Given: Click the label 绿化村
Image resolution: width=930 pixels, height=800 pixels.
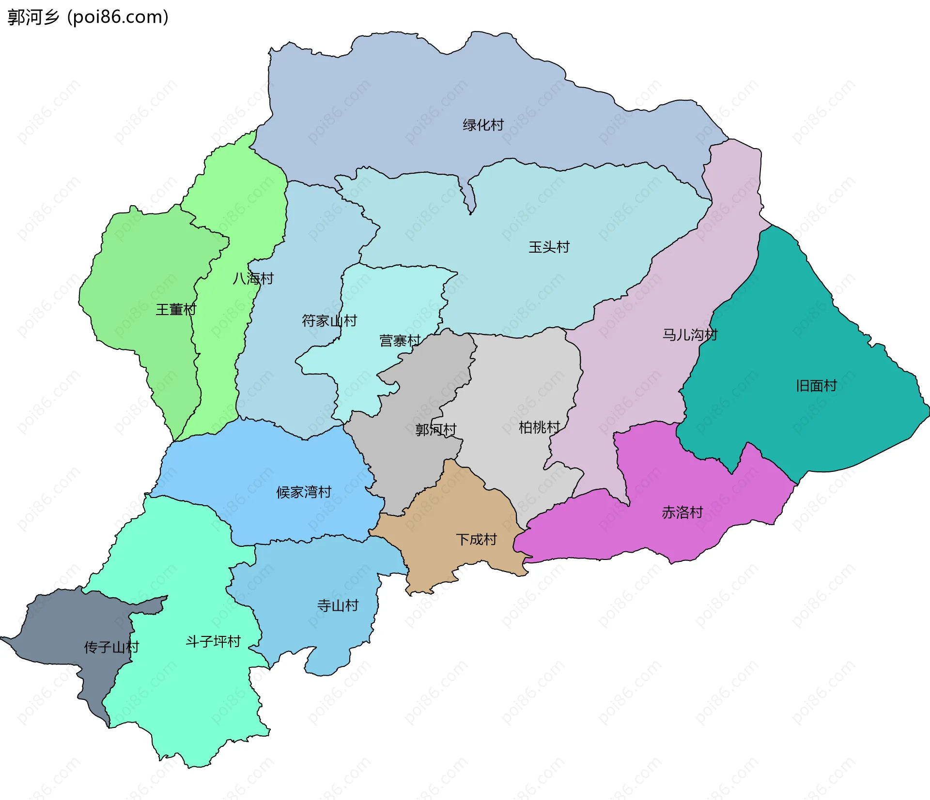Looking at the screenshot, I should pos(483,125).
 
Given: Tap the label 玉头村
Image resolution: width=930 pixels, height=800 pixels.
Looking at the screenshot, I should pos(549,247).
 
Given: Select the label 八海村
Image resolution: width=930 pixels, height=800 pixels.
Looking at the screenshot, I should pos(253,278).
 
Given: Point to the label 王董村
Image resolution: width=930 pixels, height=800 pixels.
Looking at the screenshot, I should pos(176,310).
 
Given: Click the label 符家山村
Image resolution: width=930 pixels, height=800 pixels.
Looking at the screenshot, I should pos(329,320).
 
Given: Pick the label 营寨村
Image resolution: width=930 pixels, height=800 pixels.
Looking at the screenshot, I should pos(400,341).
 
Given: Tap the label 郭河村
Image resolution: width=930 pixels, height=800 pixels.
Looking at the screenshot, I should pos(436,429).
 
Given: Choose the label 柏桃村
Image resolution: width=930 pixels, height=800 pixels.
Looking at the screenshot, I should pos(539,427).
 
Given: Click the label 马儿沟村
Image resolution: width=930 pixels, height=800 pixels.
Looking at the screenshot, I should pos(690,334).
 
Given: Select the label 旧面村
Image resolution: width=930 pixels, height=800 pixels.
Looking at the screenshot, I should pos(816,386).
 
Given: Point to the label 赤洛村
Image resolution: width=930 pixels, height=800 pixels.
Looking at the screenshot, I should pos(682,513).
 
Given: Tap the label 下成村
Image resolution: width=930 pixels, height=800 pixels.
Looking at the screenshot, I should pos(476,539).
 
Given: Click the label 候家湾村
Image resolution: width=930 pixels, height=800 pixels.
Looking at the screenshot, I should pos(304,492).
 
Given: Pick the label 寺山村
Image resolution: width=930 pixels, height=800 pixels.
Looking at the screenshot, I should pos(338,605).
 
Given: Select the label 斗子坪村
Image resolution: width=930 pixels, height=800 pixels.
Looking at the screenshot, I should pos(213,642).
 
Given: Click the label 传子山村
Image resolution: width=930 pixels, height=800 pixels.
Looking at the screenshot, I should pos(111,647).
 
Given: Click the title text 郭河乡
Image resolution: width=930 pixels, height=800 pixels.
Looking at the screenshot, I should pos(33,17).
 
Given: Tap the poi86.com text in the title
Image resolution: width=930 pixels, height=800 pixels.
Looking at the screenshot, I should pos(118,17).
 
